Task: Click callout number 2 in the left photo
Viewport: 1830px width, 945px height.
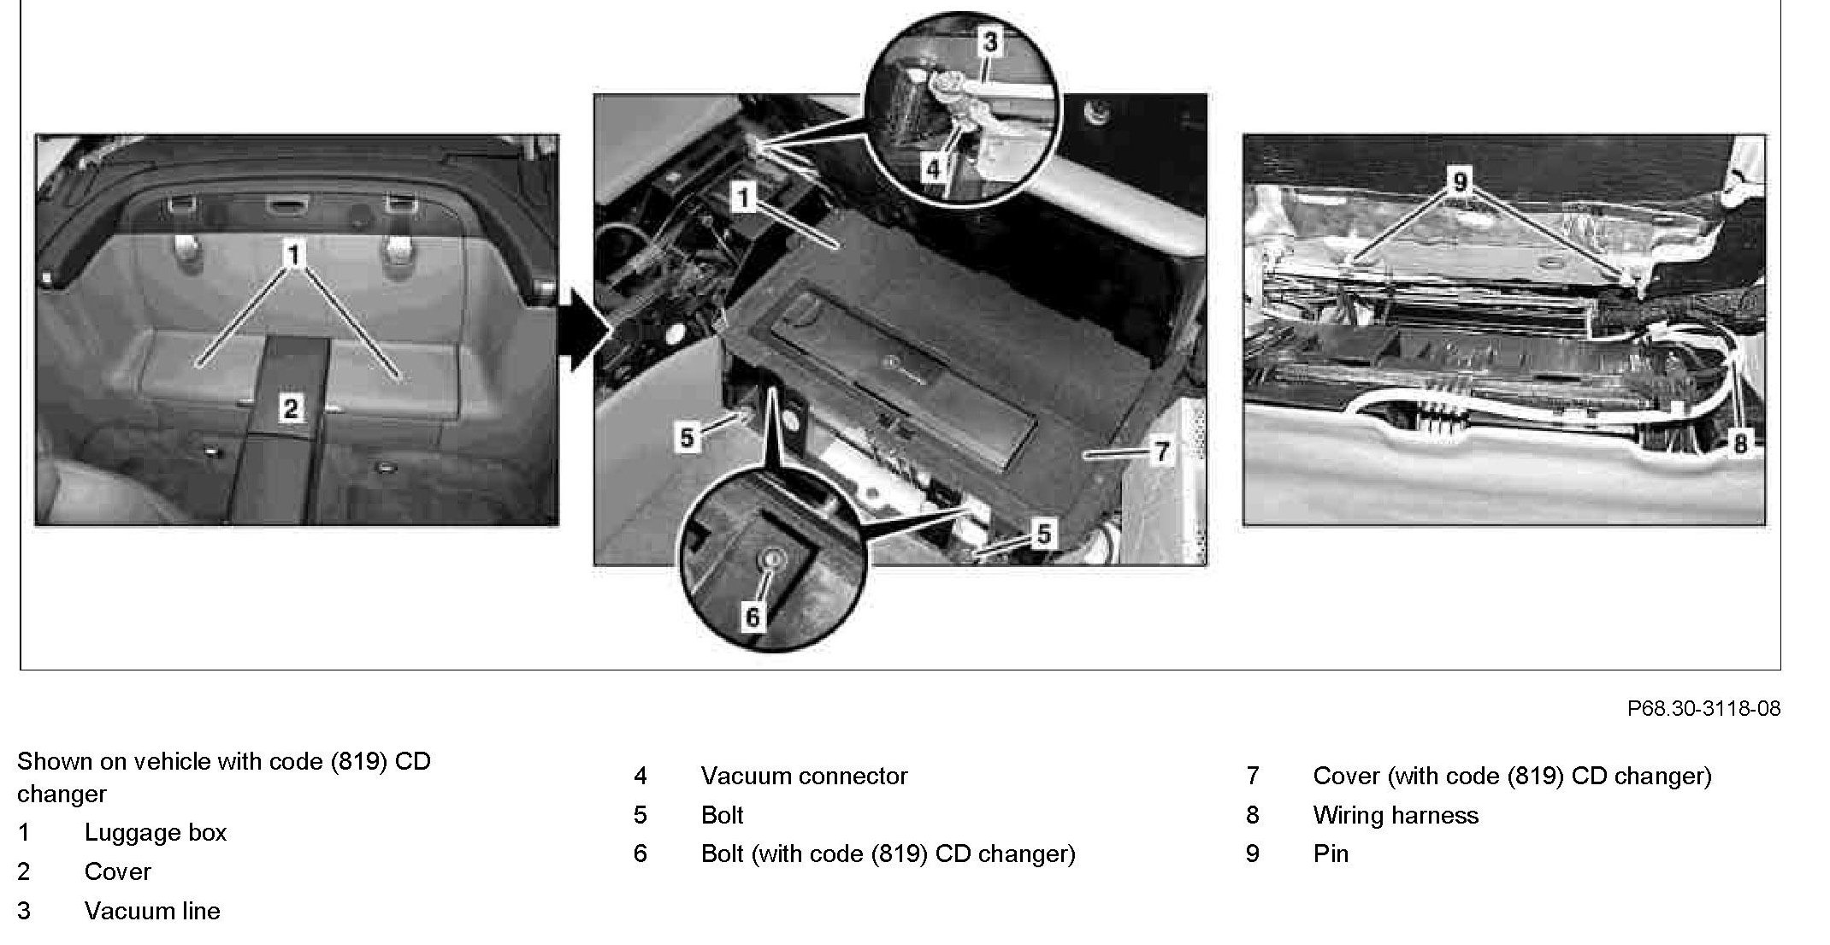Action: click(291, 408)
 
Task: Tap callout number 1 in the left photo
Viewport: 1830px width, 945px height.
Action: click(294, 255)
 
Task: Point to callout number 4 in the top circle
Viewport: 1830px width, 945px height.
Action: click(933, 168)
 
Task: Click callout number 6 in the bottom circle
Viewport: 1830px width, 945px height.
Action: click(752, 617)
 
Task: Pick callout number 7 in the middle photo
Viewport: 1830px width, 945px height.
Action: click(1161, 451)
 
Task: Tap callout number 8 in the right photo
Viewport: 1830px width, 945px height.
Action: click(1739, 443)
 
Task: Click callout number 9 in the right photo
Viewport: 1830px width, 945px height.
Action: click(1460, 181)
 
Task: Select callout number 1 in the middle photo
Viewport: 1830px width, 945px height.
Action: click(744, 198)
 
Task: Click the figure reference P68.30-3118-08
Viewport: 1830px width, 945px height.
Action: click(1703, 708)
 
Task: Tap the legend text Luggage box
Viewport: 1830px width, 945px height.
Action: click(156, 832)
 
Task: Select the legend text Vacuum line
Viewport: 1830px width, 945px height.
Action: click(152, 911)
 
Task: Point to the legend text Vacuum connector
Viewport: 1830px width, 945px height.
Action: click(804, 776)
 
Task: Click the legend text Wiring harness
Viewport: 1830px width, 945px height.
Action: click(1396, 815)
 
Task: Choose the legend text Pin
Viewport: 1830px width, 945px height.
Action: click(1331, 853)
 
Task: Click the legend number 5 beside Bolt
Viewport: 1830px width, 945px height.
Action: click(640, 815)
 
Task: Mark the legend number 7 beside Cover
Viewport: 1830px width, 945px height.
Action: click(1253, 776)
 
